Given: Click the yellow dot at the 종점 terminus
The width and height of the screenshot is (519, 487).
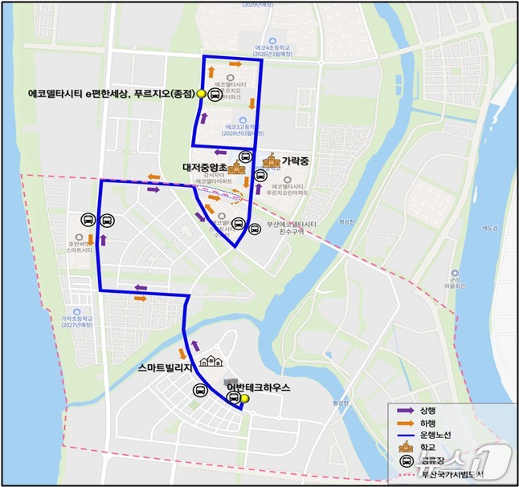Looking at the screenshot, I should (201, 94).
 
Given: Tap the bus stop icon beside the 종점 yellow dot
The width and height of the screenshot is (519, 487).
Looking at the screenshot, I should (215, 94).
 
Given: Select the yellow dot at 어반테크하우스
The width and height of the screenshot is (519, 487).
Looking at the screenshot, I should (246, 399).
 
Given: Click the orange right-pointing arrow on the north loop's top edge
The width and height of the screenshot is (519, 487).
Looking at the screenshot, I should (235, 63).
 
